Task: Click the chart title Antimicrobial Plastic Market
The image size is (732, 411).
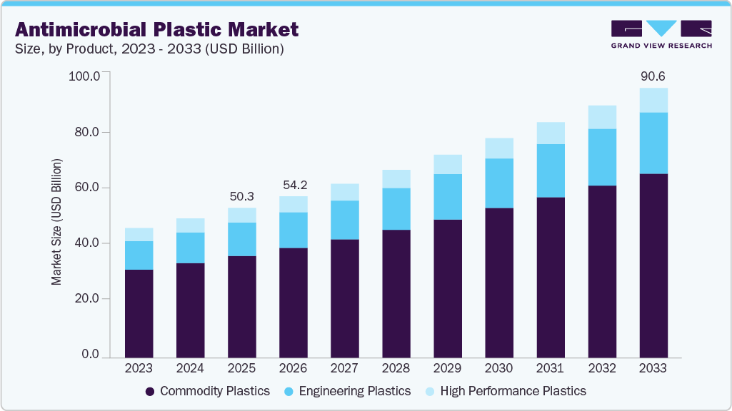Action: (156, 29)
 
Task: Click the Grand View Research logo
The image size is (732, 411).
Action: (661, 34)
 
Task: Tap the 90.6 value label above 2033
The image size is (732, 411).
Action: (653, 76)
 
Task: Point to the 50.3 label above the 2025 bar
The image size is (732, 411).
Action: (241, 196)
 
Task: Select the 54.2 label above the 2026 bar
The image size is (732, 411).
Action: (293, 185)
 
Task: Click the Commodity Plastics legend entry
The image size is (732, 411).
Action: (207, 391)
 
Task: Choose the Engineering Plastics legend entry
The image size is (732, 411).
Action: (347, 391)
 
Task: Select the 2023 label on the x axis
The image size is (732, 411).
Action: (139, 369)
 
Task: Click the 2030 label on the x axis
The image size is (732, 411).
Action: (498, 369)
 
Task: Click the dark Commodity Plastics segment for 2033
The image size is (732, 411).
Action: (653, 265)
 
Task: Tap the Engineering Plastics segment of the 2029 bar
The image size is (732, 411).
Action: (447, 197)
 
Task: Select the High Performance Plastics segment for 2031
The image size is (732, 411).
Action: (550, 133)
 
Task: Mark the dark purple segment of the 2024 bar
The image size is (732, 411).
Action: (190, 310)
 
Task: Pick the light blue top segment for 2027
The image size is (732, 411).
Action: (344, 192)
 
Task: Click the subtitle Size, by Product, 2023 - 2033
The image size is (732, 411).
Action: (149, 49)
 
